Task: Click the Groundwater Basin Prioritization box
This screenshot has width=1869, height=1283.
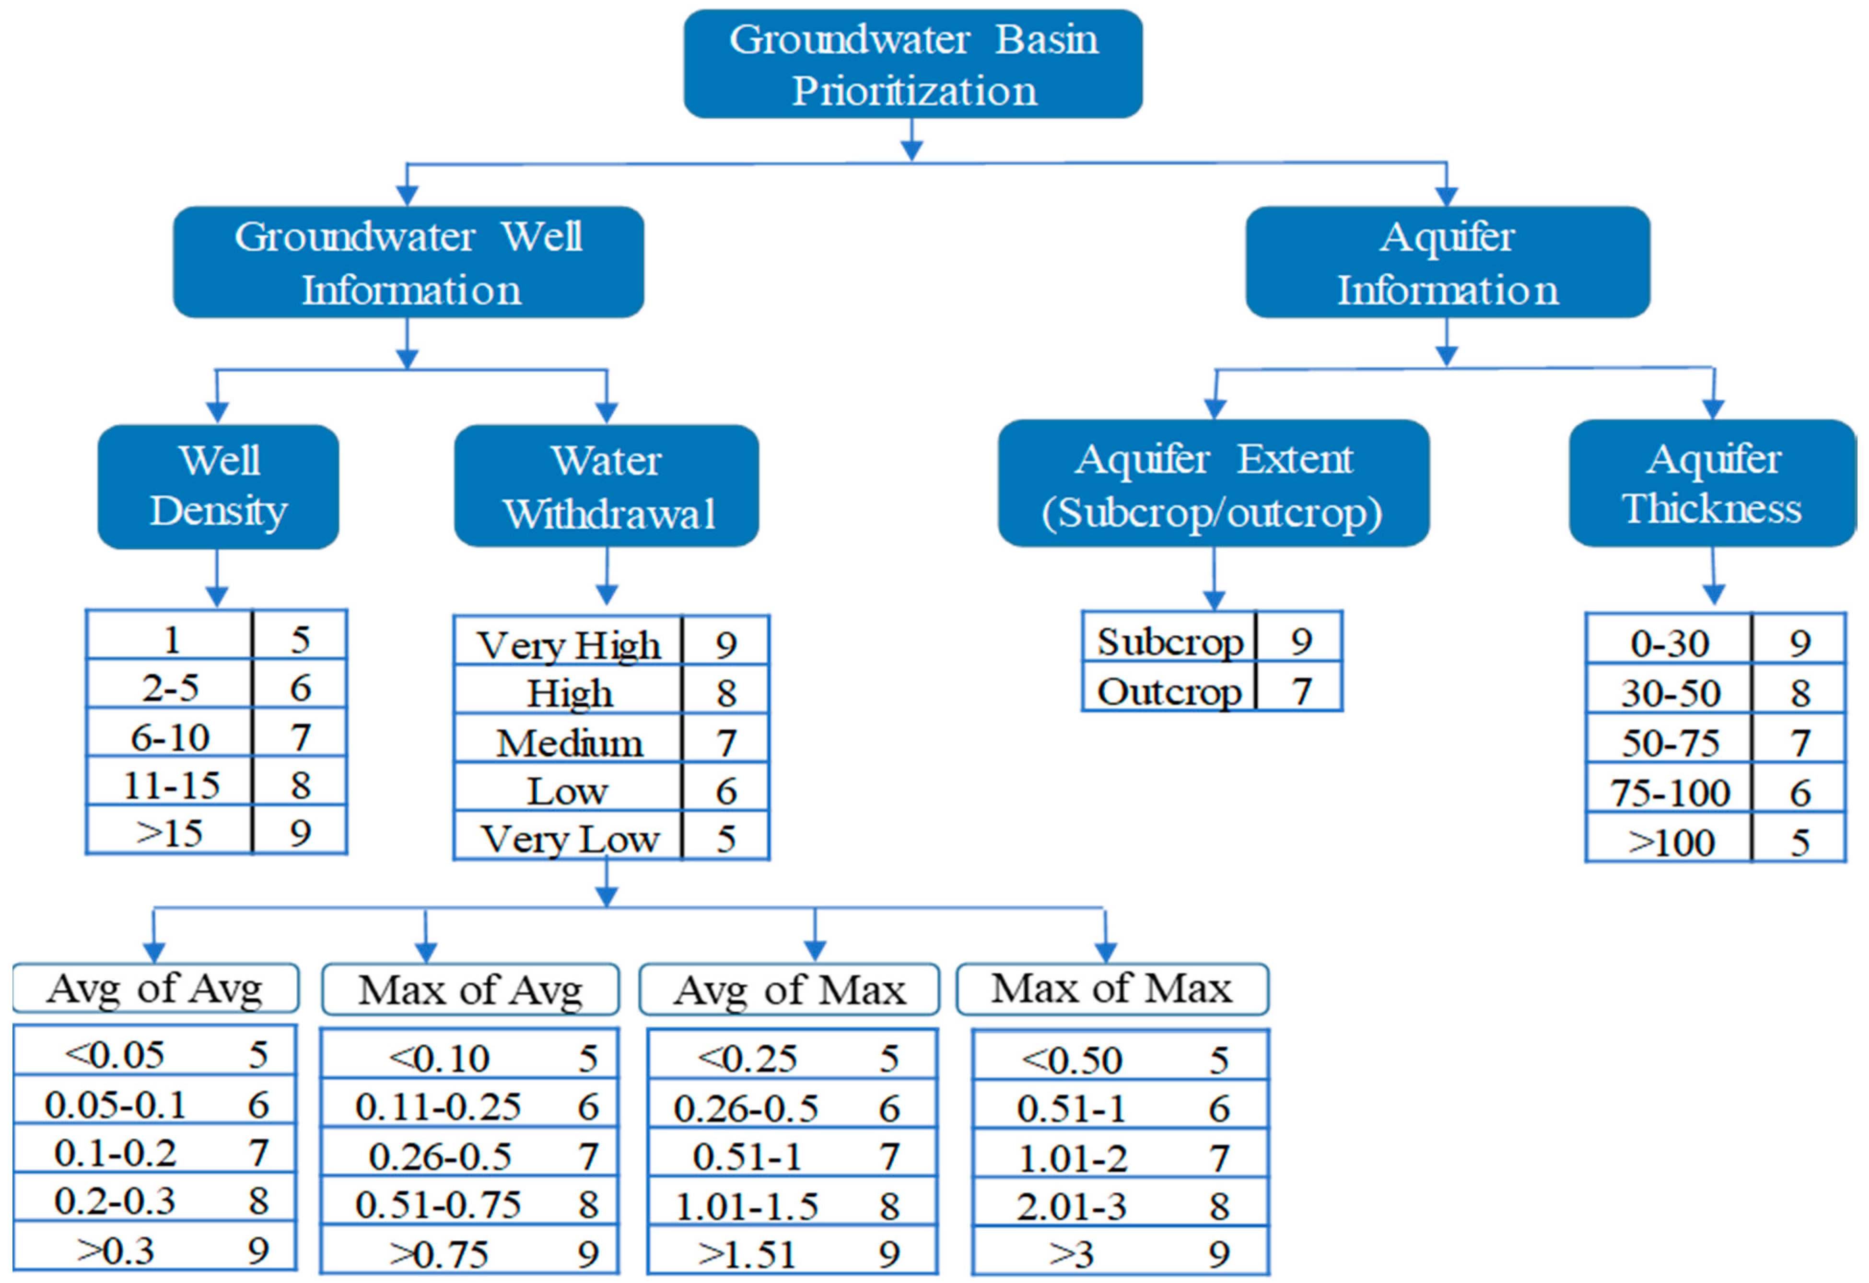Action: tap(913, 64)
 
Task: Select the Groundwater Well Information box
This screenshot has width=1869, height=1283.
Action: tap(409, 262)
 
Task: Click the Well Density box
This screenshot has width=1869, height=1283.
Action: tap(218, 487)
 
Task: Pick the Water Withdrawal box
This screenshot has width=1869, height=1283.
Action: tap(607, 487)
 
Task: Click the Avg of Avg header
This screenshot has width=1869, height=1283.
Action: tap(155, 989)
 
